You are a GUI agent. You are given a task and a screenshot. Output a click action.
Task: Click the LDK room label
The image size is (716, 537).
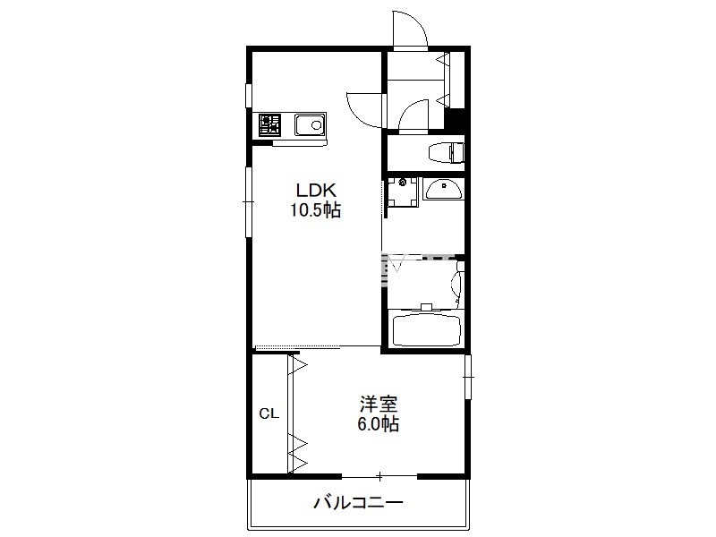pyautogui.click(x=316, y=190)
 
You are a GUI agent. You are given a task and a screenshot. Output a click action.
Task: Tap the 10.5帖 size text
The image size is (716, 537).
pyautogui.click(x=316, y=210)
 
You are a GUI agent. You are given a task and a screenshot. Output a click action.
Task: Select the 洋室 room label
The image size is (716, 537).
pyautogui.click(x=378, y=405)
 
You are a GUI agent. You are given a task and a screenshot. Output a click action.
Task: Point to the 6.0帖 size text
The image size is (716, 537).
pyautogui.click(x=378, y=424)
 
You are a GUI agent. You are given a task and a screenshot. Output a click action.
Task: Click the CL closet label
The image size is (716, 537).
pyautogui.click(x=269, y=413)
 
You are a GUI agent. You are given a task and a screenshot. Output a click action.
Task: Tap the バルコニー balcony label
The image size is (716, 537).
pyautogui.click(x=359, y=503)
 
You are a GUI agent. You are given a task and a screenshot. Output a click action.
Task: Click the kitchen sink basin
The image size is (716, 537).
pyautogui.click(x=310, y=124)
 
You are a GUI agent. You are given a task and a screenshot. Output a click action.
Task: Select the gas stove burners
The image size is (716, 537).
pyautogui.click(x=270, y=124)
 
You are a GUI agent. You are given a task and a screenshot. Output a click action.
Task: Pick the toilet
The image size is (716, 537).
pyautogui.click(x=447, y=152)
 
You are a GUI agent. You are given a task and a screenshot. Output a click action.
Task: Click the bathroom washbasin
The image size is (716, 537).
pyautogui.click(x=442, y=190)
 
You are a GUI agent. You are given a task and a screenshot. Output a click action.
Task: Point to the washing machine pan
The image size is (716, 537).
pyautogui.click(x=402, y=192)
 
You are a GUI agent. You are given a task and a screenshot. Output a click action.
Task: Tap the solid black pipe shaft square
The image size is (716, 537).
pyautogui.click(x=455, y=120)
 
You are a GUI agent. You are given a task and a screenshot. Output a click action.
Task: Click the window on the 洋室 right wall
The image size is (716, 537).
pyautogui.click(x=468, y=377)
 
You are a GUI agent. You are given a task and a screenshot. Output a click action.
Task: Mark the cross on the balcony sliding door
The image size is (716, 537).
pyautogui.click(x=379, y=477)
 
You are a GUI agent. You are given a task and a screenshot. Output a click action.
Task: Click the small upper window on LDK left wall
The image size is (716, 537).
pyautogui.click(x=249, y=96)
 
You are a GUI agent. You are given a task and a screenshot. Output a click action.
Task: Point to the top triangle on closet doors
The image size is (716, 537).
pyautogui.click(x=298, y=365)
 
